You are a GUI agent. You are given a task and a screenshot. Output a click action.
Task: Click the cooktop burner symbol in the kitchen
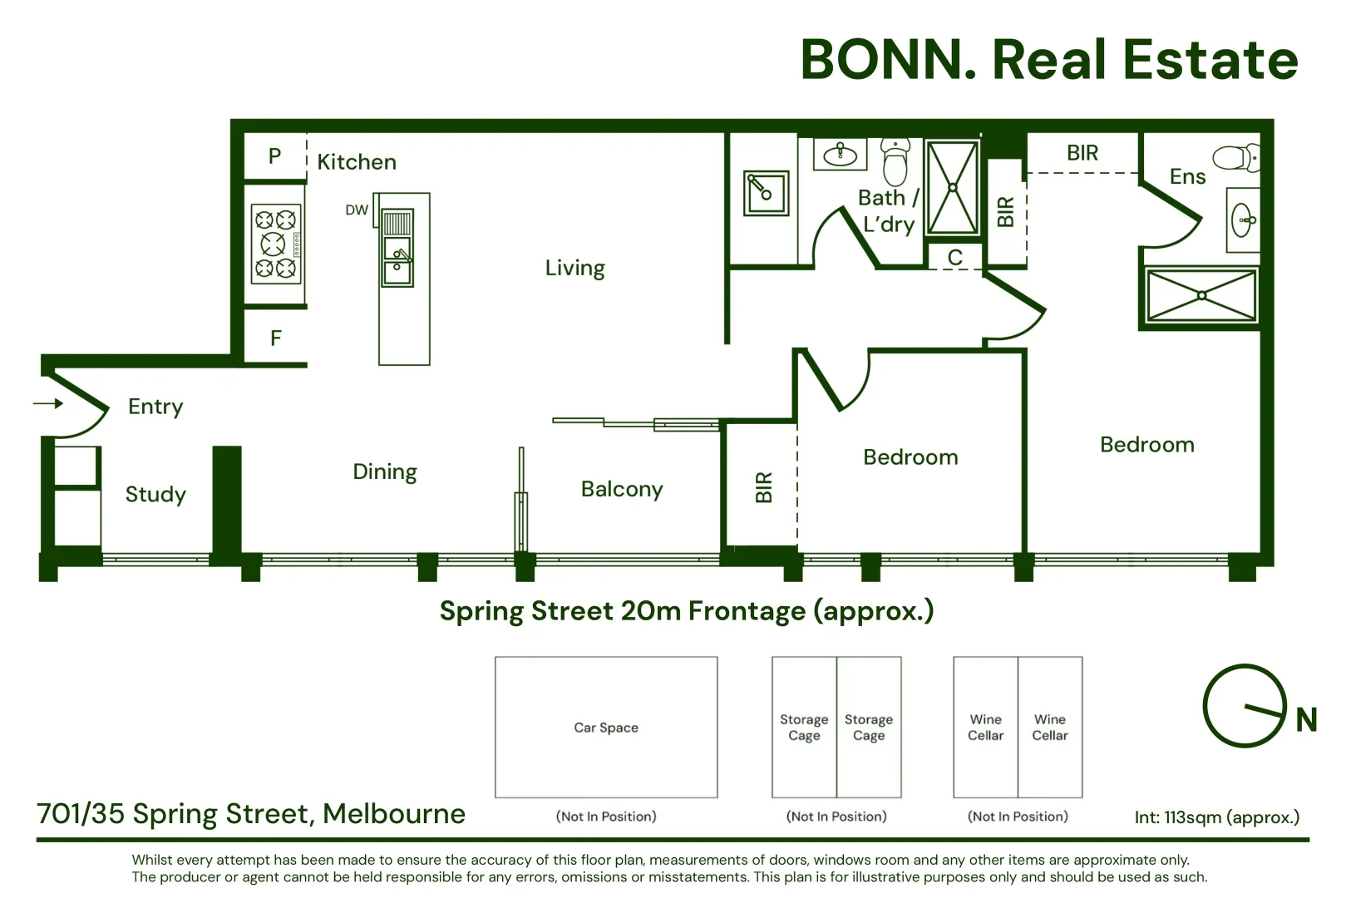coord(276,244)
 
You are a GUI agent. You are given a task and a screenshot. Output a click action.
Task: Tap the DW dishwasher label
coord(357,210)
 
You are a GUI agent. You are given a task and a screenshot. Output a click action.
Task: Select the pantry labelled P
coord(275,156)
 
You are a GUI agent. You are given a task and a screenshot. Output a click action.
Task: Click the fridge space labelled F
coord(276,338)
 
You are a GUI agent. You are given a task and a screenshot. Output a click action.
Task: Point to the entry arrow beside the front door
coord(48,404)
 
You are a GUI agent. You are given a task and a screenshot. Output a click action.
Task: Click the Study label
coord(155,495)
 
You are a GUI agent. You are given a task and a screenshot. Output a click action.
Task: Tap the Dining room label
coord(385,472)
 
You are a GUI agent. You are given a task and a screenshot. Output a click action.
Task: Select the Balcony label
coord(622,489)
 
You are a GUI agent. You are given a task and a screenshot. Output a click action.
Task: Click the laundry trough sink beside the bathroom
coord(766,193)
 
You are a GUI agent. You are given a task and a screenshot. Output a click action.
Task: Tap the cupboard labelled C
coord(954,258)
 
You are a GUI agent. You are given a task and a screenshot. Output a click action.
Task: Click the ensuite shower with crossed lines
coord(1201,295)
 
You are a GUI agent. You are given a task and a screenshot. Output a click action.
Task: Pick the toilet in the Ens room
coord(1236,157)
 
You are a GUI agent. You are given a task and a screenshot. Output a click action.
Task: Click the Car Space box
coord(606,728)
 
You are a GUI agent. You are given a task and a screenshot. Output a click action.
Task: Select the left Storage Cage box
coord(804,728)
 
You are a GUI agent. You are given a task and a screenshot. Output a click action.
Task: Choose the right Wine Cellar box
coord(1050,728)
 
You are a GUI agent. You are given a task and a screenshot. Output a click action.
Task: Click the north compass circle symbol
coord(1244,706)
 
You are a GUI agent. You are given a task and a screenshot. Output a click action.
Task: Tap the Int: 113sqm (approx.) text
coord(1216,817)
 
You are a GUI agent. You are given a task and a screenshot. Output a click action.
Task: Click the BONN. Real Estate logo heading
coord(1048,60)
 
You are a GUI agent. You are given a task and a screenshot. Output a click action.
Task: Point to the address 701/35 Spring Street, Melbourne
coord(251,813)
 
